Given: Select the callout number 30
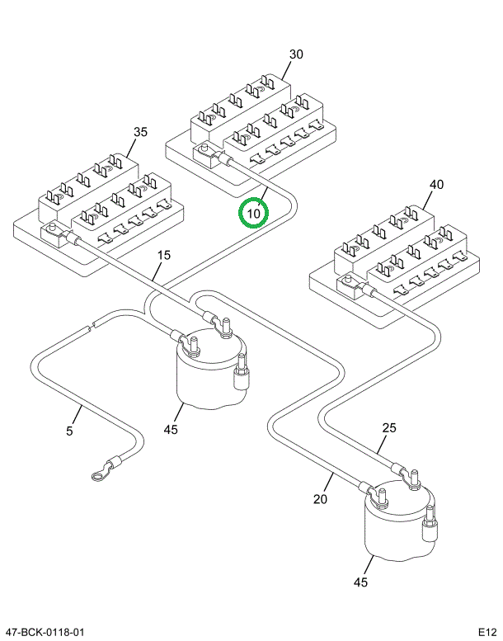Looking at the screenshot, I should (x=295, y=54).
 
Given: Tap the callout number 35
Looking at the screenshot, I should (x=140, y=132).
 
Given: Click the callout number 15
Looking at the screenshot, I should (x=164, y=255).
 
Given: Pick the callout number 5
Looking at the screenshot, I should (x=70, y=431).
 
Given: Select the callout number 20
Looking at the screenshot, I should (x=321, y=498).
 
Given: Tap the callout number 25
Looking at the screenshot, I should (x=388, y=427).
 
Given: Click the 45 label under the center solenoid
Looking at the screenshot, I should (x=171, y=429).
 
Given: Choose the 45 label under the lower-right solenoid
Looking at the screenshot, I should (x=360, y=582).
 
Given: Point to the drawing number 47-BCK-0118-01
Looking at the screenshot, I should (x=45, y=632).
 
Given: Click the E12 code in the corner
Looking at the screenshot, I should (x=487, y=632).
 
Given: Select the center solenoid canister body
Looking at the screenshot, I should (x=206, y=375).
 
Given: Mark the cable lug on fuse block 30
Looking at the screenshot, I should (x=206, y=153).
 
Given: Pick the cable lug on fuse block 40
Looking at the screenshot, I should (x=348, y=287).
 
